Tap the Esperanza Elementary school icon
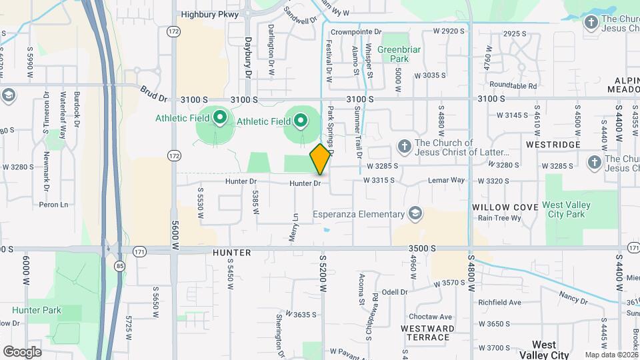[415, 213]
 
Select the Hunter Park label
[37, 310]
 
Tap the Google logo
[22, 351]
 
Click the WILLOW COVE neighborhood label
[505, 207]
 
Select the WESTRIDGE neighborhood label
[550, 143]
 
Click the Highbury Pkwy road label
[209, 13]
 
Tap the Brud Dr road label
[153, 93]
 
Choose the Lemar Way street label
[447, 180]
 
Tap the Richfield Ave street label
[499, 302]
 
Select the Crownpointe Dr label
[356, 31]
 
